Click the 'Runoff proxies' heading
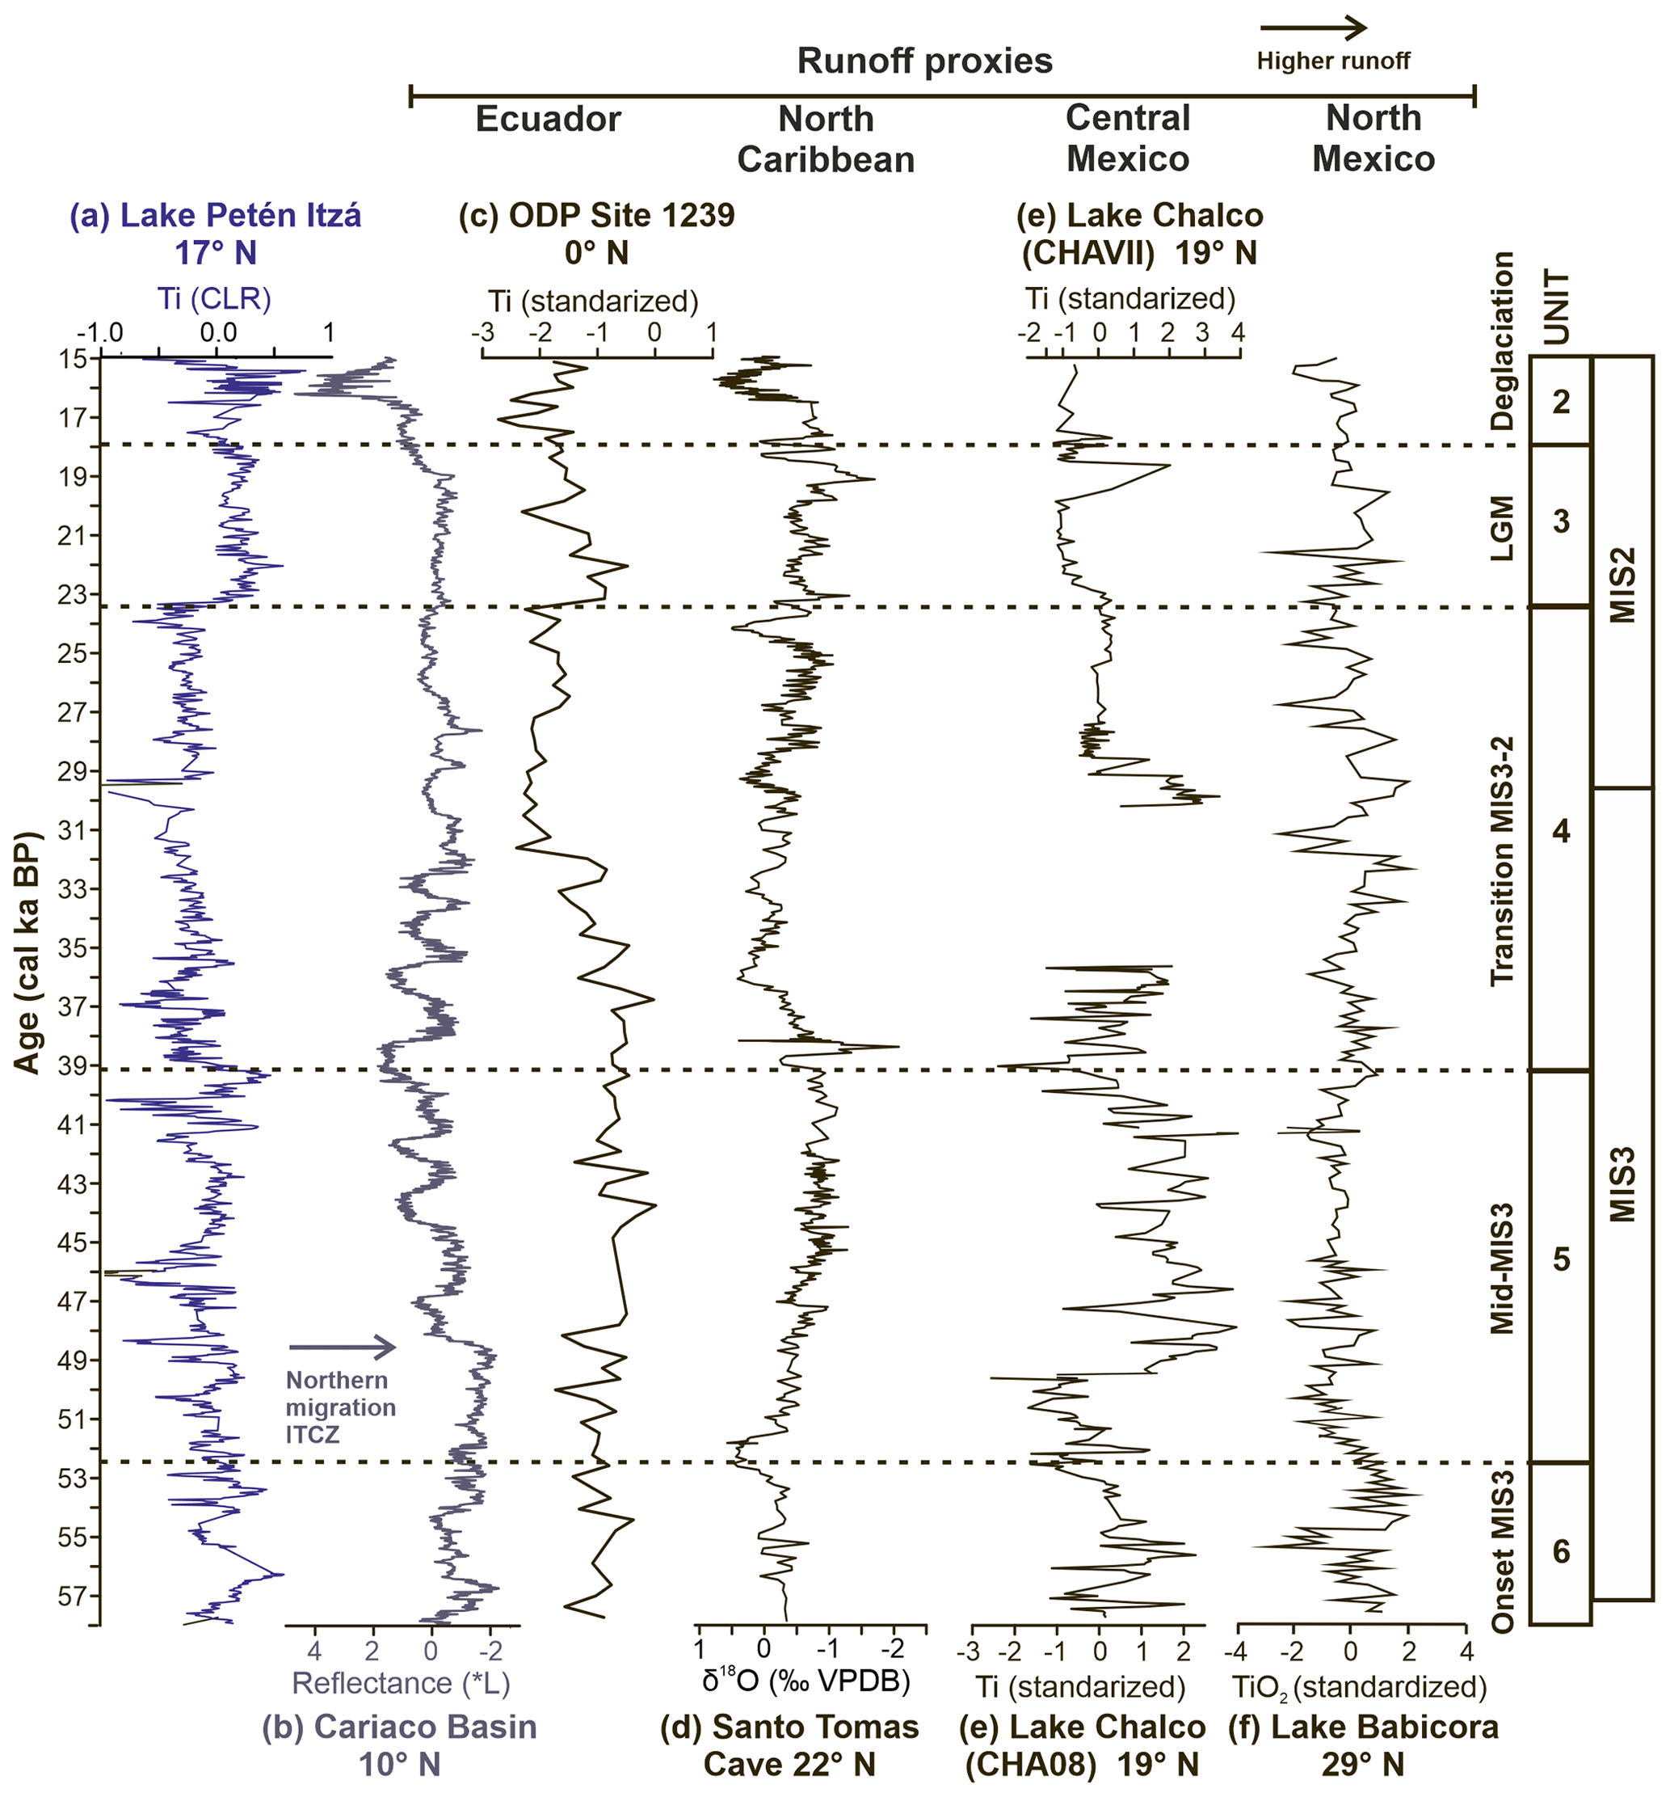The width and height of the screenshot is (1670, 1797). (x=924, y=61)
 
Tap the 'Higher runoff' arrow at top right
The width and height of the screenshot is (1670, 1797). (x=1314, y=28)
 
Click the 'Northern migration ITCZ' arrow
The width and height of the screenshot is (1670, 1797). (x=343, y=1348)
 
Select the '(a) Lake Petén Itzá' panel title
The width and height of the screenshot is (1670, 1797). (x=216, y=215)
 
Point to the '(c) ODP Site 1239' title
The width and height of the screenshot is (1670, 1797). (x=596, y=215)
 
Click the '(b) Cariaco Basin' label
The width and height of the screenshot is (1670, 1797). (x=399, y=1727)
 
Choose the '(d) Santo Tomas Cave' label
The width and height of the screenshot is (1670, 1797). (x=789, y=1727)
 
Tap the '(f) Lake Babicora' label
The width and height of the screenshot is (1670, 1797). (x=1363, y=1727)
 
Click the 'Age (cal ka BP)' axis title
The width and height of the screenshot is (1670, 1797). (x=28, y=953)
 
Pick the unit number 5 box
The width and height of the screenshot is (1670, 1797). (x=1561, y=1259)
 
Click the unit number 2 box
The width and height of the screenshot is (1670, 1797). (x=1561, y=401)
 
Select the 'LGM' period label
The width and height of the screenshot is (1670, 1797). (x=1501, y=527)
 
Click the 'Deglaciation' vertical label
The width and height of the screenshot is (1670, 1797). (x=1501, y=342)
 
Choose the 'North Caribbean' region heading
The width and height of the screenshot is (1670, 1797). (x=826, y=138)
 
